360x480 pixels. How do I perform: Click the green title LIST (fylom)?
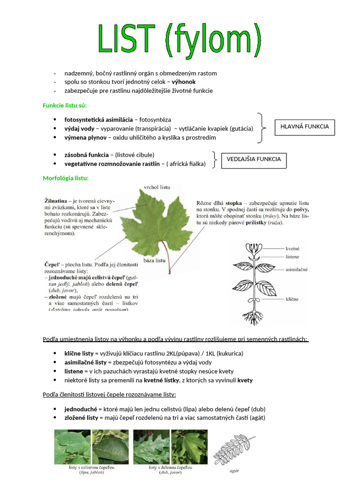pos(180,39)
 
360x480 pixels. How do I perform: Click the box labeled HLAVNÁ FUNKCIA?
pos(305,127)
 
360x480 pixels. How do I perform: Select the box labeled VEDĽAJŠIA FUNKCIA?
pos(254,159)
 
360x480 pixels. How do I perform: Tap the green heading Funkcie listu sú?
pos(65,105)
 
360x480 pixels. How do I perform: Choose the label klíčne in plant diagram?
pos(292,299)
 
